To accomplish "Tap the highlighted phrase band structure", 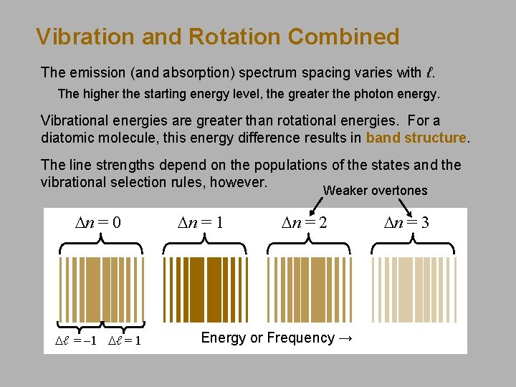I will coord(416,137).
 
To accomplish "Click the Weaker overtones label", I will coord(375,191).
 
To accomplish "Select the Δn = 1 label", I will coord(200,222).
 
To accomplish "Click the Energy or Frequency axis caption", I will coord(277,338).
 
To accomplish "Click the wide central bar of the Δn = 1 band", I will coord(205,288).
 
